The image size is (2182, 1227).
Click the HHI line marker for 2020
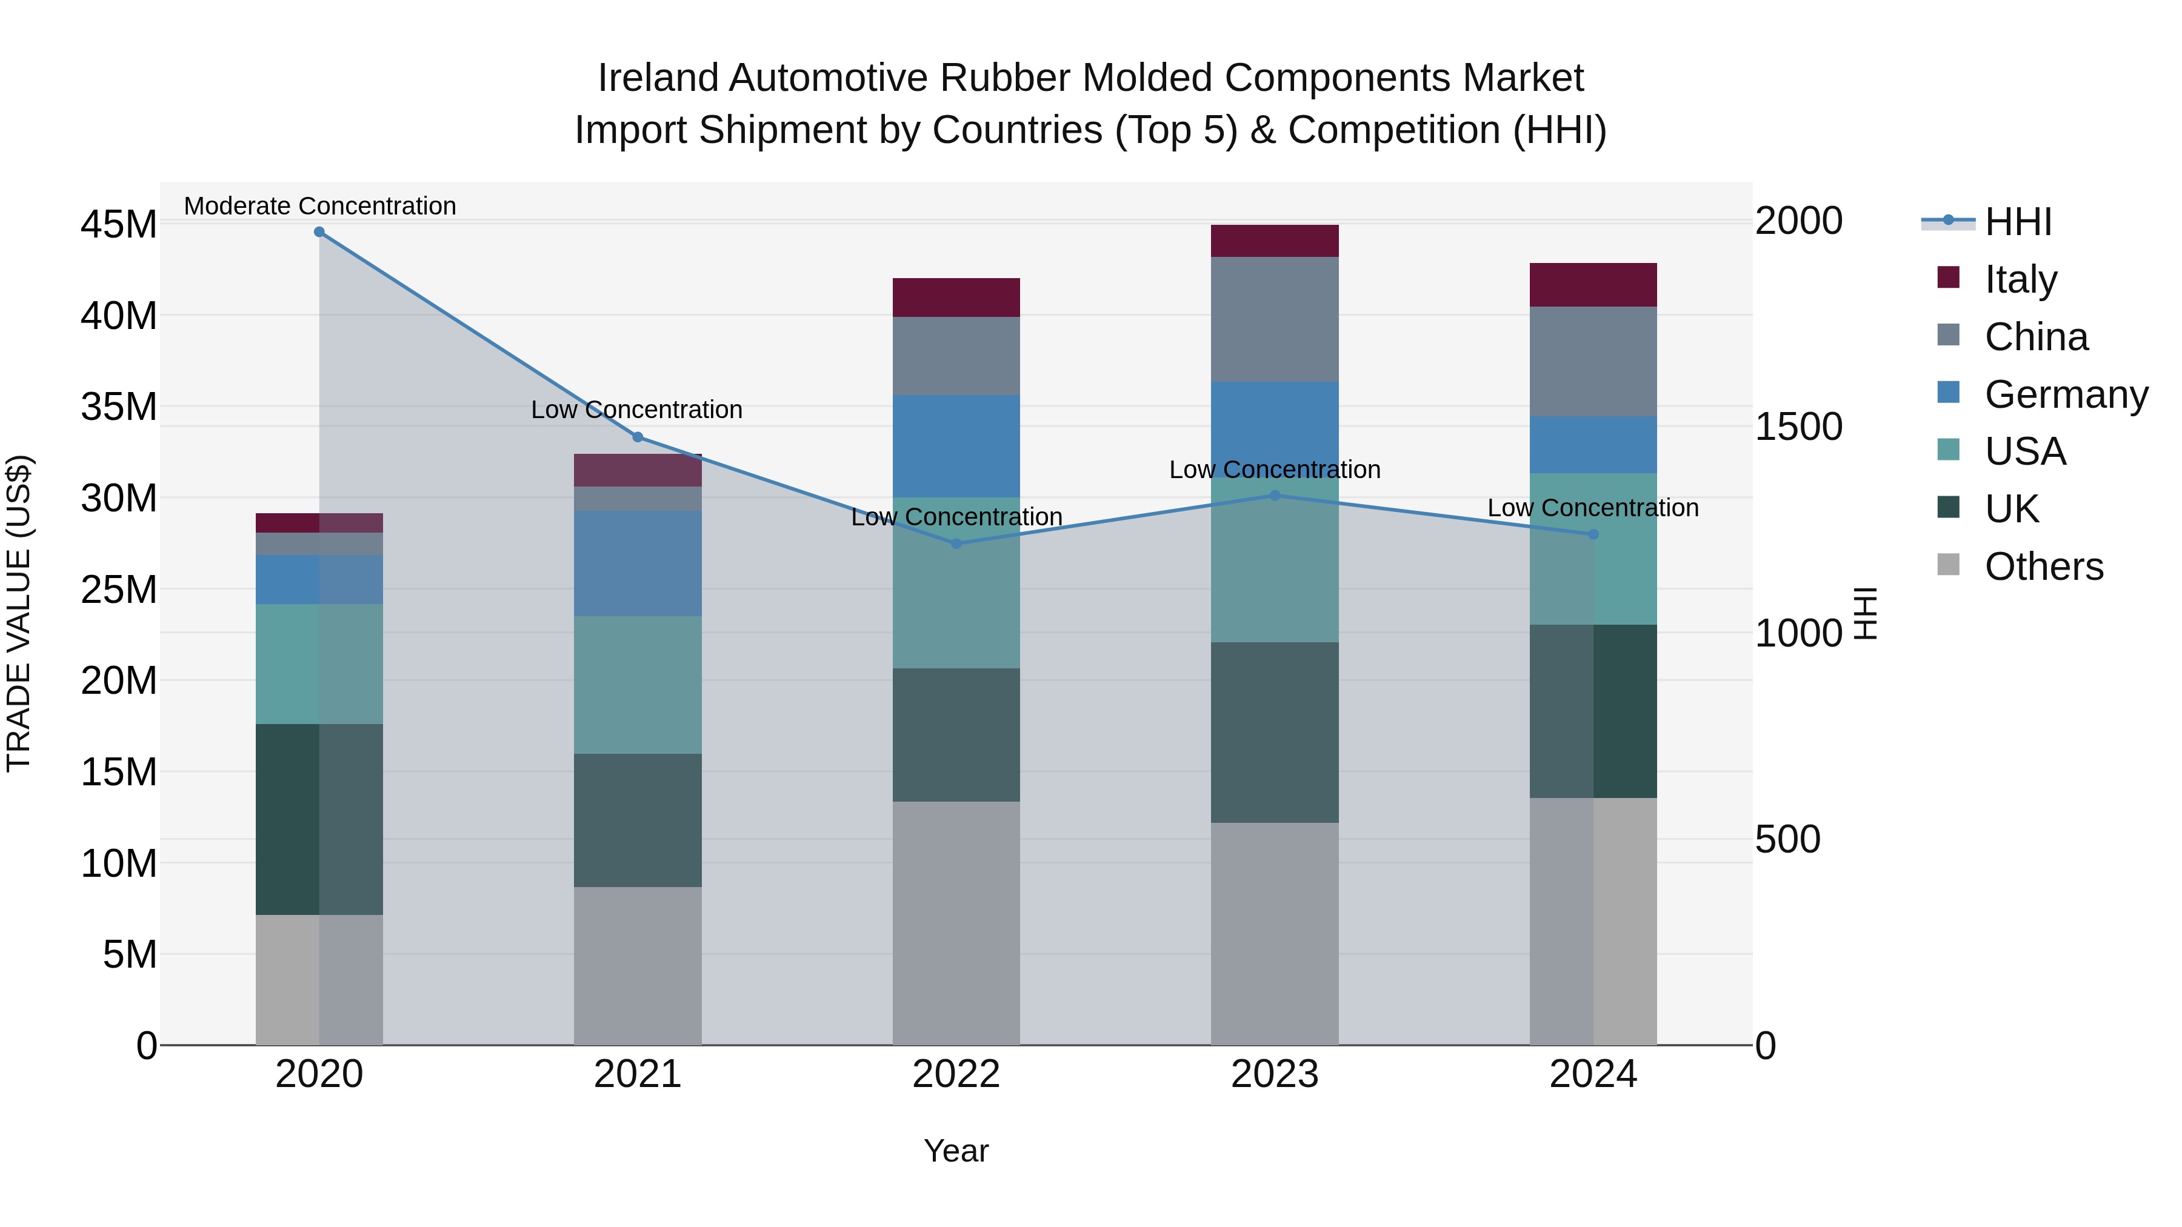click(x=319, y=232)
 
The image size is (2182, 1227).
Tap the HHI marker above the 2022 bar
click(x=956, y=544)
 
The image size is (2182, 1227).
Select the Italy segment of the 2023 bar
click(x=1274, y=241)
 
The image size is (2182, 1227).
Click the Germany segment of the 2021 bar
click(x=638, y=563)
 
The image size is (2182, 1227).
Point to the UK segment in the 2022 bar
click(x=956, y=735)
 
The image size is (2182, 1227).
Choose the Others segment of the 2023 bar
click(x=1274, y=933)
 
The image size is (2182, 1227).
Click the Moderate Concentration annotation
click(x=319, y=206)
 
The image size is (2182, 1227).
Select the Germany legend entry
click(x=2065, y=394)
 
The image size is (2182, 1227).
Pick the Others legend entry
click(x=2043, y=567)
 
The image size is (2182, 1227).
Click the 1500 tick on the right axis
click(x=1798, y=427)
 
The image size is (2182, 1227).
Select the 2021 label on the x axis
click(x=638, y=1074)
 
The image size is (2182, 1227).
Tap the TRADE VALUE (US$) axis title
click(x=19, y=613)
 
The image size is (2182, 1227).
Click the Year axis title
click(x=956, y=1151)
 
